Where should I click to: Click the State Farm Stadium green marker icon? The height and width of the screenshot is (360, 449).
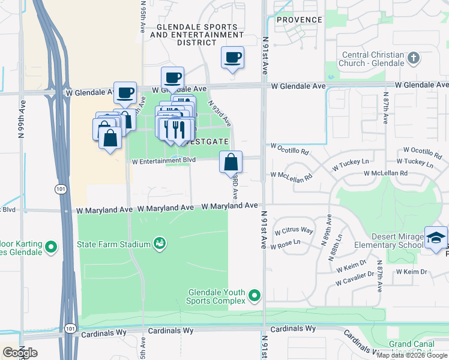[160, 244]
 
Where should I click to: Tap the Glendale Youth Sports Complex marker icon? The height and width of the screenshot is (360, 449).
[255, 295]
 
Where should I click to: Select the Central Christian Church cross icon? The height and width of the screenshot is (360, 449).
[412, 59]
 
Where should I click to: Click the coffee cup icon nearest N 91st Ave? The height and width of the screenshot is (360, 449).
[232, 58]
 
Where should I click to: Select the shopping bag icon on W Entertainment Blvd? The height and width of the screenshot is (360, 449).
[231, 162]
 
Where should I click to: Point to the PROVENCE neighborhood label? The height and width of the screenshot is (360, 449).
[300, 20]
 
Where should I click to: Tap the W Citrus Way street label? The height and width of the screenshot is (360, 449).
[294, 231]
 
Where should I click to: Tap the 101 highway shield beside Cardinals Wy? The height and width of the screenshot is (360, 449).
[71, 328]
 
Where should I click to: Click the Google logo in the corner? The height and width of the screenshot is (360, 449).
[20, 353]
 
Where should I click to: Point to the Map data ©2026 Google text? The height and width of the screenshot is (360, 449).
[412, 355]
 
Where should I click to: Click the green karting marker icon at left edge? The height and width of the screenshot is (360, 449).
[51, 246]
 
